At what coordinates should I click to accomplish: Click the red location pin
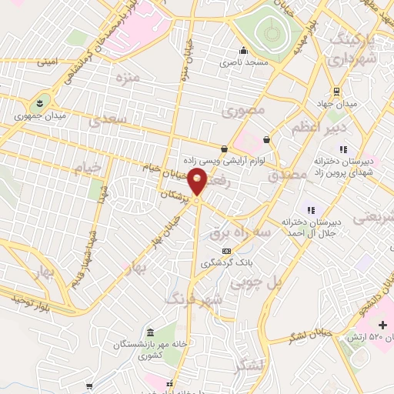pyautogui.click(x=198, y=184)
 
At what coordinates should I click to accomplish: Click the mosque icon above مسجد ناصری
pyautogui.click(x=242, y=52)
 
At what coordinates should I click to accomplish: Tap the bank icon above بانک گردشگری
pyautogui.click(x=225, y=251)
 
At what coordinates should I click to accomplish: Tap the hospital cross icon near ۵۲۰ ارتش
pyautogui.click(x=382, y=326)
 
